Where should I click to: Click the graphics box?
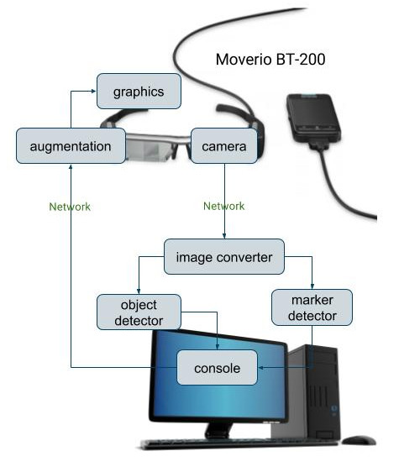click(139, 92)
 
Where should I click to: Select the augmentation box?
click(71, 146)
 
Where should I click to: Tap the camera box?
click(224, 146)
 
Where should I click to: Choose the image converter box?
click(224, 257)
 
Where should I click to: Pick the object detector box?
click(139, 312)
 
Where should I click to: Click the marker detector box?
click(312, 307)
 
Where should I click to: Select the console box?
click(217, 368)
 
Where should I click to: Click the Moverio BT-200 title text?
click(270, 60)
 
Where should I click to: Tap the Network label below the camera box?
click(224, 206)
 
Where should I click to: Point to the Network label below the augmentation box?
click(70, 207)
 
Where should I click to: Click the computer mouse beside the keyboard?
click(359, 440)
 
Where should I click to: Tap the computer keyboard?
click(239, 443)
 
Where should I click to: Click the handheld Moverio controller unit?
click(314, 118)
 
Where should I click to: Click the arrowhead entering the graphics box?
click(93, 92)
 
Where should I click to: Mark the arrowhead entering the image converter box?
click(224, 236)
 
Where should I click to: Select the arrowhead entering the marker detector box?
click(312, 286)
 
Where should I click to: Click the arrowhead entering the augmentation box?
click(71, 166)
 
